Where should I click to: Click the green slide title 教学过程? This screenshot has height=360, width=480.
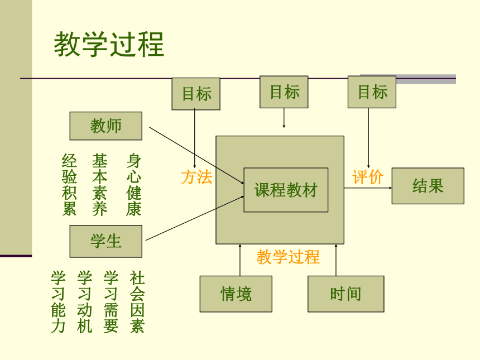[109, 45]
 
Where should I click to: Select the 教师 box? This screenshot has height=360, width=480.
[106, 126]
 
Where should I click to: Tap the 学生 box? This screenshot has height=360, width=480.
[106, 241]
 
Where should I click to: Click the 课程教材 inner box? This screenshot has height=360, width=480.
[286, 190]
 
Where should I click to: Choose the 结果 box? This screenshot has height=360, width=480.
[428, 186]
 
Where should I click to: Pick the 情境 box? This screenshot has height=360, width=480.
[236, 294]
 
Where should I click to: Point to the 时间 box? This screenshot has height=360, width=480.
[346, 294]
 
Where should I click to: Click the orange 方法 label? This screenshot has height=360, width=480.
[196, 177]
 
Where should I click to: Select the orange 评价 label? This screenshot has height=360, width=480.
[368, 177]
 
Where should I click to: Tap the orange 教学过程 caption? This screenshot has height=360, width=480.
[288, 257]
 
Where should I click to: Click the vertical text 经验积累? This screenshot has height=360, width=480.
[69, 185]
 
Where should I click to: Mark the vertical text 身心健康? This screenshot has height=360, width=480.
[134, 185]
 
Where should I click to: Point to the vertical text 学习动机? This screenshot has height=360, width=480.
[84, 301]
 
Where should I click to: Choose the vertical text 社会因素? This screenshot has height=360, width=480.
[137, 301]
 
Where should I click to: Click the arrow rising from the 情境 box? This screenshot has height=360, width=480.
[240, 260]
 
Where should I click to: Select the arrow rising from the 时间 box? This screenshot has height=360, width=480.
[336, 260]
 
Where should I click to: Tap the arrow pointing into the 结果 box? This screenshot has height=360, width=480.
[368, 188]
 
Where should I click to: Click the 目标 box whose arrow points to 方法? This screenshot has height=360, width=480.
[196, 94]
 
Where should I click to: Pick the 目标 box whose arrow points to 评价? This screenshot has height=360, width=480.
[372, 92]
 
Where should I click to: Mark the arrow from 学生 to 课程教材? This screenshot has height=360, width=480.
[195, 218]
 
